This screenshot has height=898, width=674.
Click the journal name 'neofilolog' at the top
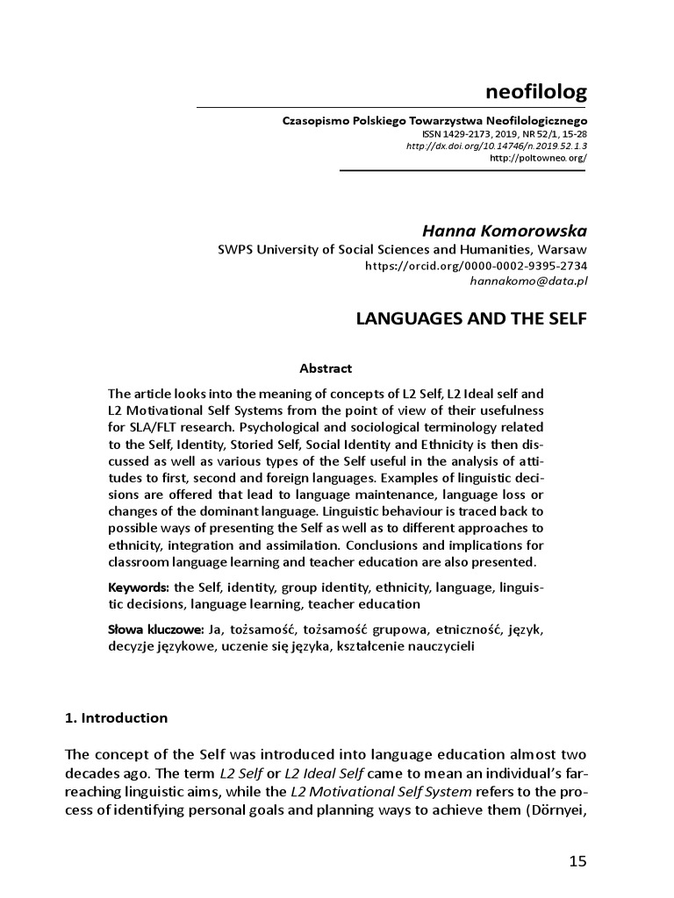click(x=535, y=91)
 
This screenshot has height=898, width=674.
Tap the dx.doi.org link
click(x=497, y=146)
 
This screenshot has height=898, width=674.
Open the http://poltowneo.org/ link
click(x=538, y=159)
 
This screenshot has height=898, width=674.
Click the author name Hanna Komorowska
click(x=505, y=231)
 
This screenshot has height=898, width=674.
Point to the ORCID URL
click(x=477, y=266)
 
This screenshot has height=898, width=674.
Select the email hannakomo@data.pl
click(x=529, y=281)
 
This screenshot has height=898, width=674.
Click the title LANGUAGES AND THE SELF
click(x=471, y=320)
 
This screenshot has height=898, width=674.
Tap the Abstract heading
click(x=326, y=368)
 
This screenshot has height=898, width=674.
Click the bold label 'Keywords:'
click(x=139, y=587)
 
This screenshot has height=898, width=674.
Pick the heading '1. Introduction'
click(x=117, y=717)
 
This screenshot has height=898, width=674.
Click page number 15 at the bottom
click(x=577, y=860)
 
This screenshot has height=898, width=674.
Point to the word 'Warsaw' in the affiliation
click(x=563, y=249)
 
